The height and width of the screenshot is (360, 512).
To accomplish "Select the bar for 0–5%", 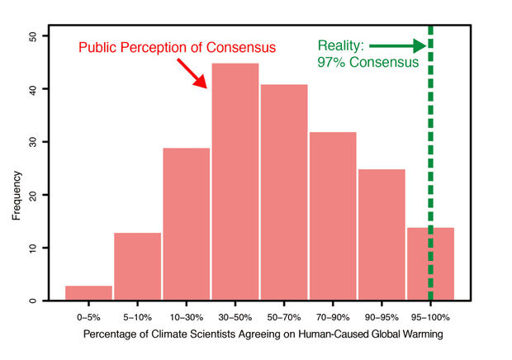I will [x=89, y=293].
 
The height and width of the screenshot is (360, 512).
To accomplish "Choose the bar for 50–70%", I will [x=284, y=193].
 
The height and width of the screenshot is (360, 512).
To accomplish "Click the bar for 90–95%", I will [x=382, y=235].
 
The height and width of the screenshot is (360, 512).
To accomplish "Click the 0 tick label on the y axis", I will [x=32, y=301].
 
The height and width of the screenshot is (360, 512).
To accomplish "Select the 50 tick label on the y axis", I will [x=32, y=36].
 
